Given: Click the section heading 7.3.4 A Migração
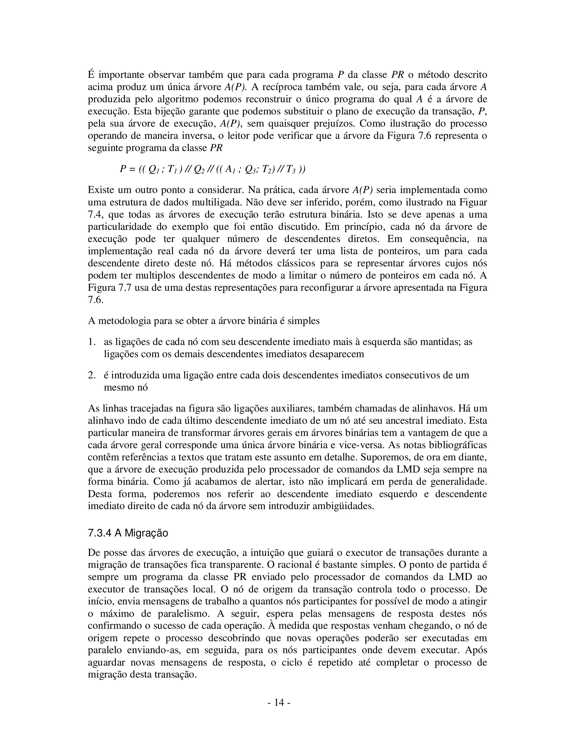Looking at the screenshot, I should pos(128,533).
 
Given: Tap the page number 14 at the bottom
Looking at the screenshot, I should pos(279,702).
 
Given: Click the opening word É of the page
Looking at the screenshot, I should pos(91,75).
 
